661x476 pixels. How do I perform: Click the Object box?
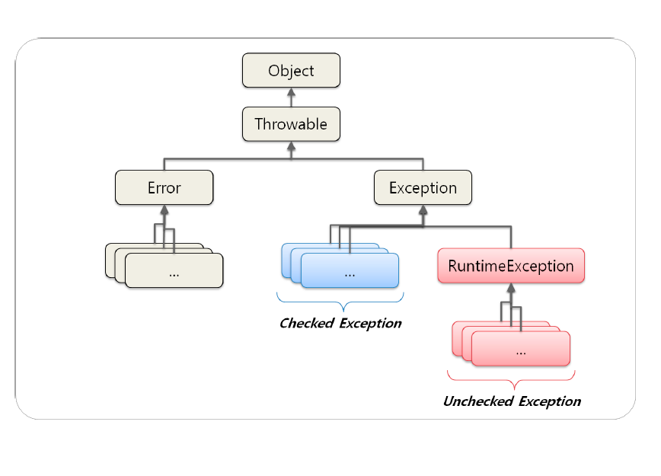pyautogui.click(x=291, y=70)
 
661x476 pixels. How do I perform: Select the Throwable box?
pyautogui.click(x=291, y=124)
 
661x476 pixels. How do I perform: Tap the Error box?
pyautogui.click(x=164, y=187)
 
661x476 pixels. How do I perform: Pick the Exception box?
pyautogui.click(x=423, y=187)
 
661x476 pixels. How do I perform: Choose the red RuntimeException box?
pyautogui.click(x=511, y=266)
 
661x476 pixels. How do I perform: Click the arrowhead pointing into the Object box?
pyautogui.click(x=291, y=92)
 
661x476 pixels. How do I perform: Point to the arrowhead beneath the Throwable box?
pyautogui.click(x=291, y=146)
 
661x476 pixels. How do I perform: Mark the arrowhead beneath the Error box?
pyautogui.click(x=164, y=210)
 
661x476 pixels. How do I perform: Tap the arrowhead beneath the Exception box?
pyautogui.click(x=423, y=210)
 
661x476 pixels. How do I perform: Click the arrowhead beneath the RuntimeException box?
pyautogui.click(x=511, y=288)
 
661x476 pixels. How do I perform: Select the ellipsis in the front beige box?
pyautogui.click(x=174, y=275)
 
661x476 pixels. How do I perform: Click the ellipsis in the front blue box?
pyautogui.click(x=350, y=275)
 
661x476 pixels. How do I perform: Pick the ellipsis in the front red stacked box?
pyautogui.click(x=521, y=353)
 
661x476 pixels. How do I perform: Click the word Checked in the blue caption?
pyautogui.click(x=307, y=324)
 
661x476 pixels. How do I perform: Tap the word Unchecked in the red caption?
pyautogui.click(x=478, y=401)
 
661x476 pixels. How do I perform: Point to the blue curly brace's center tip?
pyautogui.click(x=343, y=311)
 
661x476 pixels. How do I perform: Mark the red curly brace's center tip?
pyautogui.click(x=514, y=388)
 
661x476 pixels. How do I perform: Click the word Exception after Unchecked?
pyautogui.click(x=550, y=402)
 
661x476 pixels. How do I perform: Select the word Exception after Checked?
pyautogui.click(x=371, y=324)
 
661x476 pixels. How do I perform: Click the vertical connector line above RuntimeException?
pyautogui.click(x=511, y=238)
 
